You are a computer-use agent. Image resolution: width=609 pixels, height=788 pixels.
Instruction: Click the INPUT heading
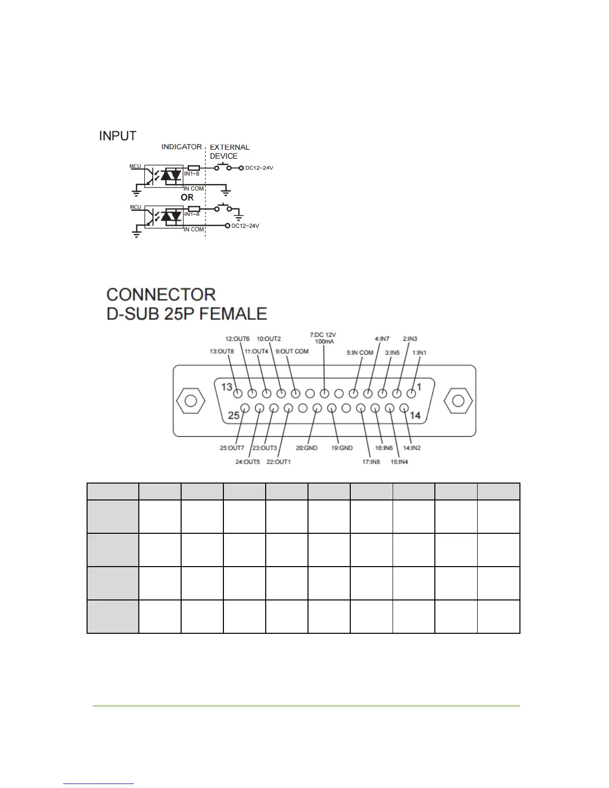pyautogui.click(x=118, y=136)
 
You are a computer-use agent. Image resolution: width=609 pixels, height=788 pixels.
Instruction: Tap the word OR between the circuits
pyautogui.click(x=187, y=197)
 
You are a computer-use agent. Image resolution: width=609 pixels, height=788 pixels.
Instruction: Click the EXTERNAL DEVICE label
pyautogui.click(x=229, y=152)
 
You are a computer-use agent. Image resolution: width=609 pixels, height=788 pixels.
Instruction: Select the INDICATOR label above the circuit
pyautogui.click(x=182, y=147)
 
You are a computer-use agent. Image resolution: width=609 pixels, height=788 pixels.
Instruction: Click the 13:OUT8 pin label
pyautogui.click(x=221, y=351)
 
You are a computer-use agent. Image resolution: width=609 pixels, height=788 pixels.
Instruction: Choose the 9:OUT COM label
pyautogui.click(x=292, y=351)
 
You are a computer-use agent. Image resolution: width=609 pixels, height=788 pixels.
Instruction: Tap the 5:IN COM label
pyautogui.click(x=360, y=353)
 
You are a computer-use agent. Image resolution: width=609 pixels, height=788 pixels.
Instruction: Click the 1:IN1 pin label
pyautogui.click(x=419, y=353)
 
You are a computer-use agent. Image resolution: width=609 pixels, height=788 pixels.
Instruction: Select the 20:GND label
pyautogui.click(x=306, y=448)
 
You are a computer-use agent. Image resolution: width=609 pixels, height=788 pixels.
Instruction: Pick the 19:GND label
pyautogui.click(x=342, y=448)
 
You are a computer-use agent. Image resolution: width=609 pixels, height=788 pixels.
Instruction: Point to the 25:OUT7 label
pyautogui.click(x=232, y=448)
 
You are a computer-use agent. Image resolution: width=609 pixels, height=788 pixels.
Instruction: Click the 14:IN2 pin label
pyautogui.click(x=411, y=448)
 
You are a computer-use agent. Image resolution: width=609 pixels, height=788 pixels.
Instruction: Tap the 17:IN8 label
pyautogui.click(x=371, y=462)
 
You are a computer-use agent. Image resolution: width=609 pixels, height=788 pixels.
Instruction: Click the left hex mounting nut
pyautogui.click(x=190, y=401)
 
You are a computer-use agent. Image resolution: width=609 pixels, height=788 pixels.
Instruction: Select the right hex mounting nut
pyautogui.click(x=458, y=401)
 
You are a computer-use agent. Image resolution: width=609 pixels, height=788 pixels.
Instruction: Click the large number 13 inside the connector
pyautogui.click(x=227, y=387)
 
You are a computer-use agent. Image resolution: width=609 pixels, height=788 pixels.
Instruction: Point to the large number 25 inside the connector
pyautogui.click(x=234, y=415)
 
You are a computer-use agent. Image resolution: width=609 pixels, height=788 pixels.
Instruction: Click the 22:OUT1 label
pyautogui.click(x=279, y=462)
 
